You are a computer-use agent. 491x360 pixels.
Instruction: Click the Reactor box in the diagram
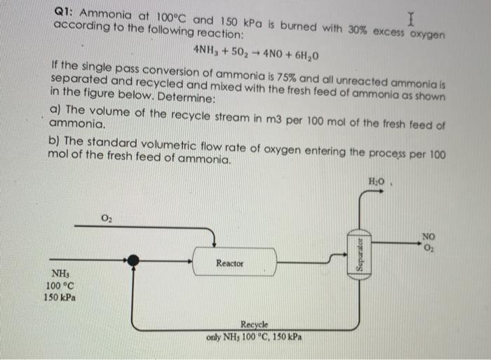pos(229,263)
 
